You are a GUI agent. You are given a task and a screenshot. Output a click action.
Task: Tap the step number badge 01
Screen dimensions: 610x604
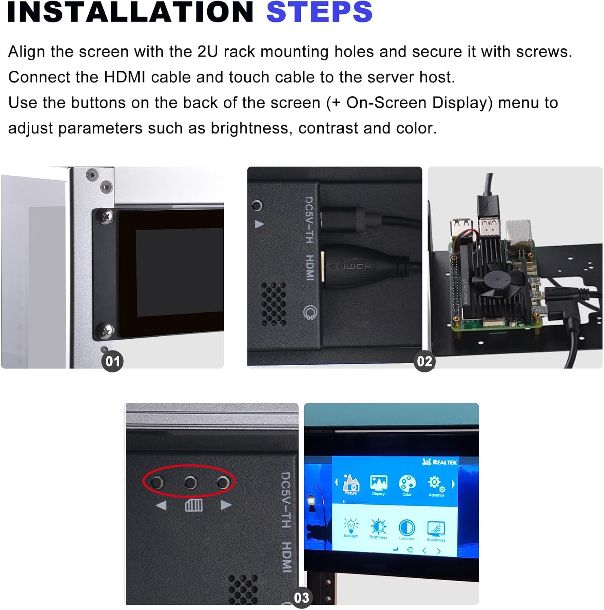[112, 361]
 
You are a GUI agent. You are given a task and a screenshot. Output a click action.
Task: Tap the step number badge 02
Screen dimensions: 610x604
[424, 361]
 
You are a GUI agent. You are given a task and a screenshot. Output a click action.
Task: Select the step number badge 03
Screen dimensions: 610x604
[301, 597]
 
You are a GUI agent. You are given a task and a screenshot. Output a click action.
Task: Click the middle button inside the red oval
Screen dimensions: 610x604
[190, 483]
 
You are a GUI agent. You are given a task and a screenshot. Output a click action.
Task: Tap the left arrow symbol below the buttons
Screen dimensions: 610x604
[161, 505]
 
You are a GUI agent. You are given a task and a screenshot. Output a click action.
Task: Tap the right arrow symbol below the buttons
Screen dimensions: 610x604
[225, 505]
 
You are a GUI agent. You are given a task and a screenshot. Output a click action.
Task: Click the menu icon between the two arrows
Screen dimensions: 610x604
[194, 505]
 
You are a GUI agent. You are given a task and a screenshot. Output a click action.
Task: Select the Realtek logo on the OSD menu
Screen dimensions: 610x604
[440, 462]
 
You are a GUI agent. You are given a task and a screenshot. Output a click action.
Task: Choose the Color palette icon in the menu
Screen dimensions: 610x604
[407, 484]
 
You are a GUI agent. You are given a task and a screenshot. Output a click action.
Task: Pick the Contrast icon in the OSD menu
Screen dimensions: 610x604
[406, 528]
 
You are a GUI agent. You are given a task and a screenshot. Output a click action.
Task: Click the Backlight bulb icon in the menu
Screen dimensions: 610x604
[351, 526]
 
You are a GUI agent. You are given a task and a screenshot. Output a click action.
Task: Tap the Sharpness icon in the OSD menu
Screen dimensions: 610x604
[435, 529]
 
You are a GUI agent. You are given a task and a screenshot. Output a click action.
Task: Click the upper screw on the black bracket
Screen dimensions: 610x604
[107, 216]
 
